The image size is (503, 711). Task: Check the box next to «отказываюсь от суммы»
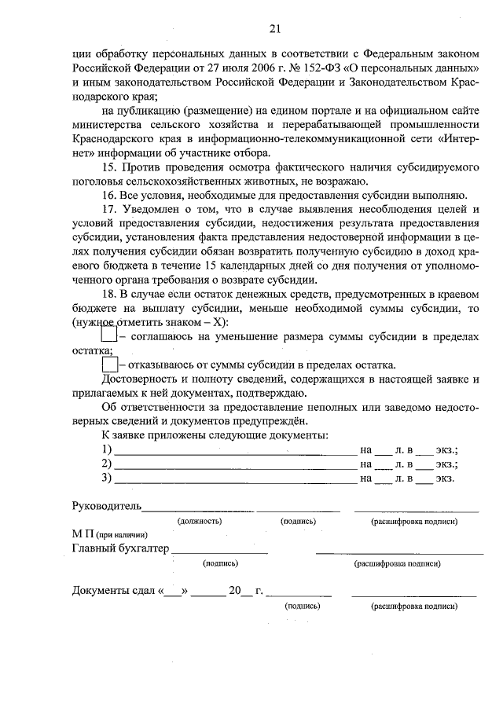[109, 365]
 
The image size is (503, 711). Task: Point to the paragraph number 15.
[109, 167]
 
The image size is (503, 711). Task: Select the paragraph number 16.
[109, 195]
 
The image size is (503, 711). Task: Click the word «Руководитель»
[106, 505]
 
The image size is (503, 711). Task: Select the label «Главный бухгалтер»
[120, 548]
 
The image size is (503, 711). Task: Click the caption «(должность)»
[199, 521]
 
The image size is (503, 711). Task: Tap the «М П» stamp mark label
[79, 534]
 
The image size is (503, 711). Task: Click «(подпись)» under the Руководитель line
[298, 521]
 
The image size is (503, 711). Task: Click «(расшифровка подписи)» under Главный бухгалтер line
[397, 563]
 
